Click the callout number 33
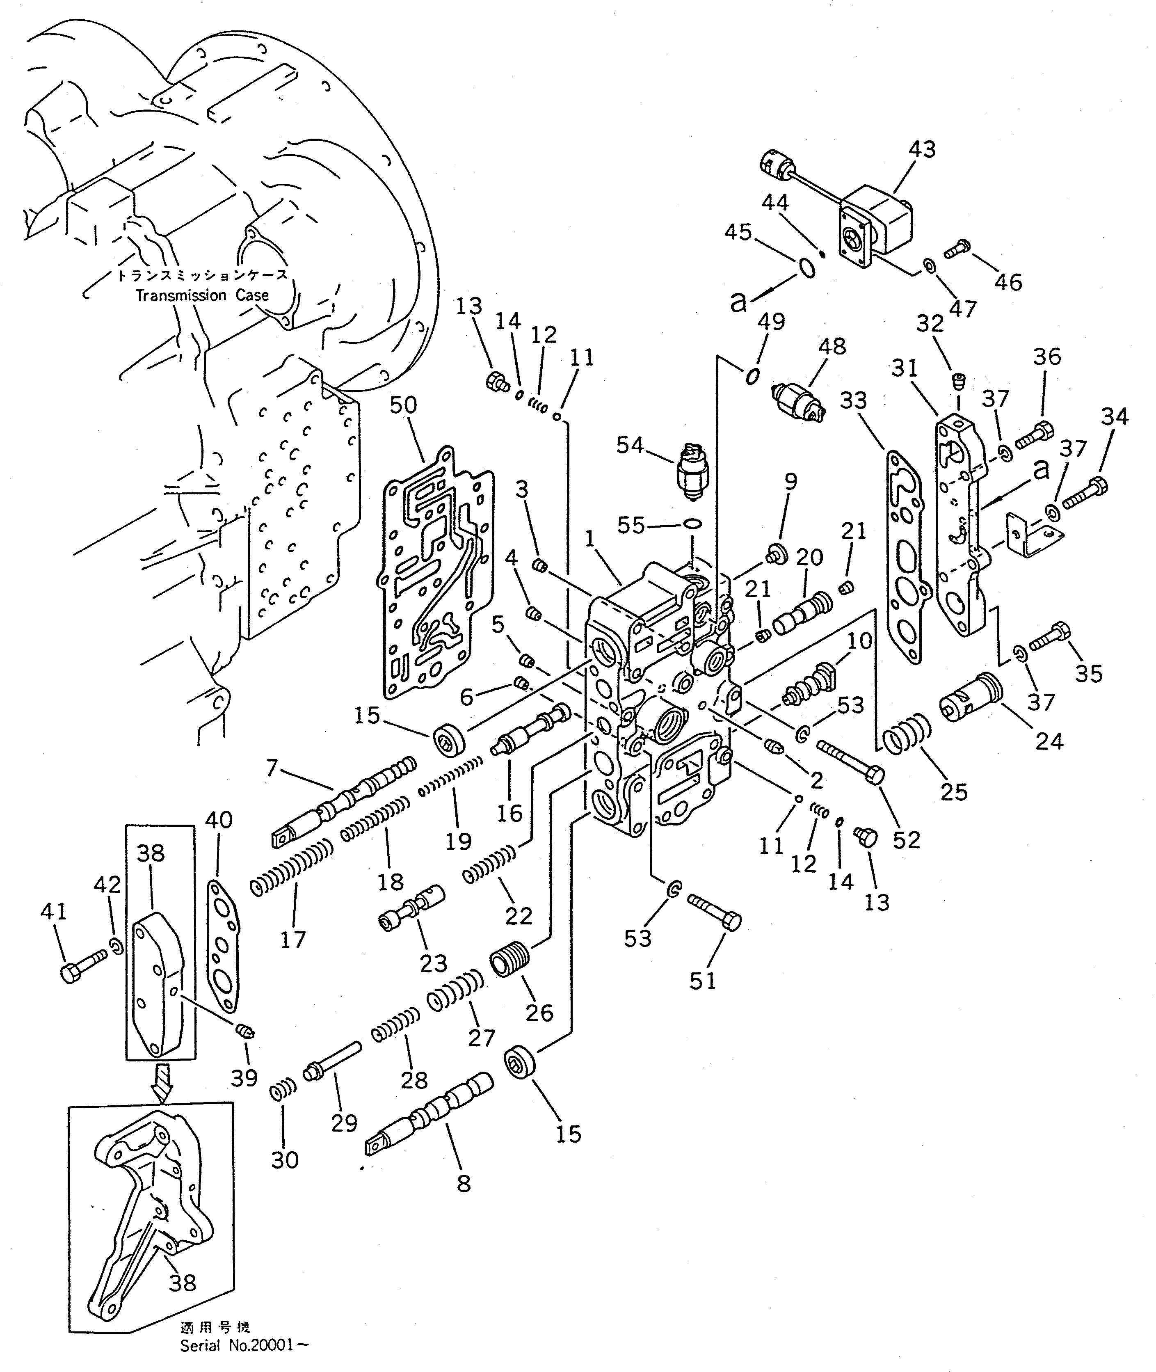[x=853, y=400]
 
